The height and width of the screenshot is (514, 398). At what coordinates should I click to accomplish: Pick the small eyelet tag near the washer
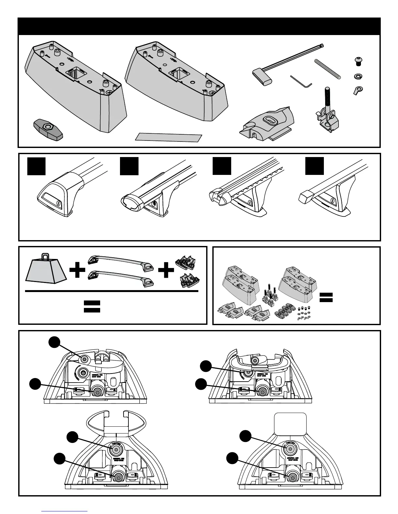(358, 90)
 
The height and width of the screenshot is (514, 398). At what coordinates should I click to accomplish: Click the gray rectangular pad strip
(168, 137)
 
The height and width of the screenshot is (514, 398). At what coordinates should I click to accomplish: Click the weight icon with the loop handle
(46, 272)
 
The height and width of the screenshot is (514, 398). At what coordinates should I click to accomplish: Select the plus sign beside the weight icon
(77, 271)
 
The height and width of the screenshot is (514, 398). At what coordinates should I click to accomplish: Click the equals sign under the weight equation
(92, 306)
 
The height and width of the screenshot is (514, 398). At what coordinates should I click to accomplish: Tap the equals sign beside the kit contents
(326, 297)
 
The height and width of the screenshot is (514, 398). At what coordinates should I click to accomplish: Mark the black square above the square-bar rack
(314, 166)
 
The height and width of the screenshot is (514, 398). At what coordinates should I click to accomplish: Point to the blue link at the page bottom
(65, 511)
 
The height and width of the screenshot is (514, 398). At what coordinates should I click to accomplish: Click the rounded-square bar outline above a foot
(290, 423)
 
